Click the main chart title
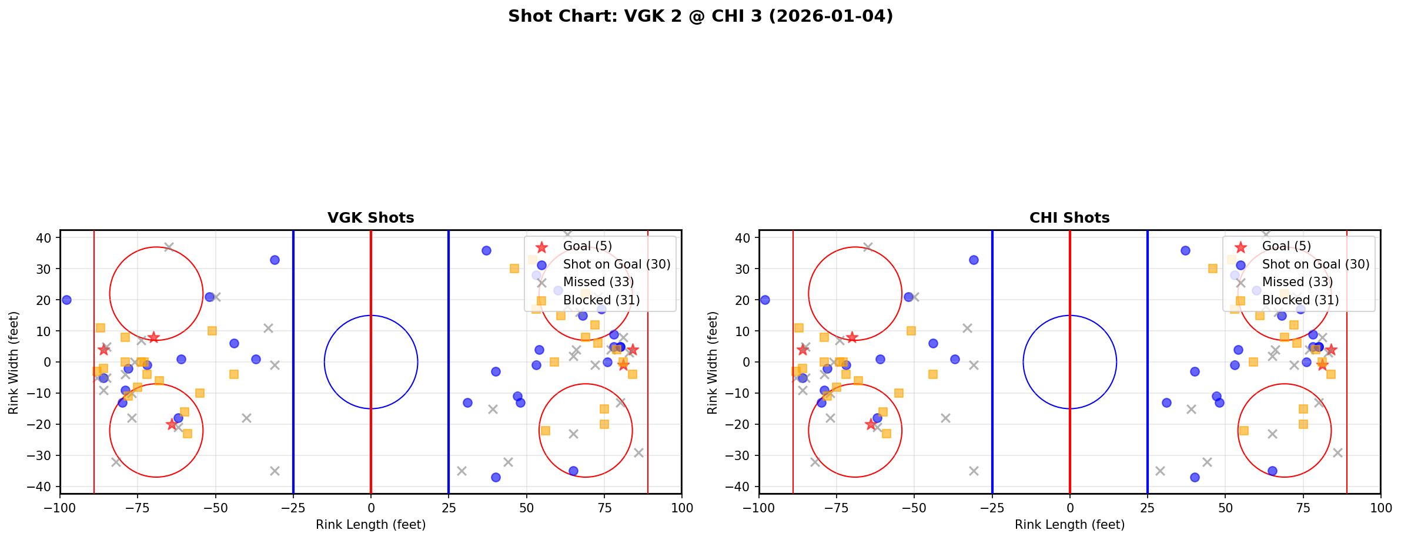click(x=700, y=16)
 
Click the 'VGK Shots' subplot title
click(x=370, y=218)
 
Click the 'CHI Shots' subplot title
click(x=1069, y=218)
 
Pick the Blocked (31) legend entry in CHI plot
click(x=1300, y=300)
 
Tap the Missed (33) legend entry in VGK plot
click(x=598, y=282)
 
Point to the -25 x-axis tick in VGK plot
click(x=293, y=508)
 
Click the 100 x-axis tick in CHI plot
click(x=1380, y=508)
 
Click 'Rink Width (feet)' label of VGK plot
click(x=14, y=363)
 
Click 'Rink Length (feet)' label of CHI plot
click(x=1069, y=525)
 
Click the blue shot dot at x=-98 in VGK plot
click(x=66, y=300)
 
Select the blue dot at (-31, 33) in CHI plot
click(x=974, y=260)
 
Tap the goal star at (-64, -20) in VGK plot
click(x=172, y=424)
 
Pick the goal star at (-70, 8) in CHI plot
click(x=852, y=337)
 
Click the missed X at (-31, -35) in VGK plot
click(x=275, y=471)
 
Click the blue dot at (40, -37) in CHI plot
click(x=1194, y=477)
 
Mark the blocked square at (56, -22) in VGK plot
click(x=545, y=431)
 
